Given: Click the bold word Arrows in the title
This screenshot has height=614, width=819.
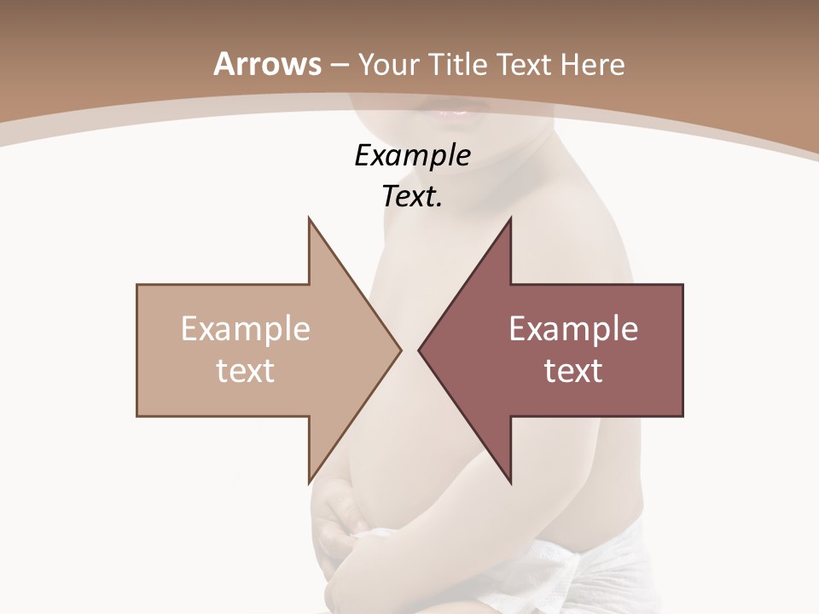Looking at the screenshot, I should pyautogui.click(x=267, y=64).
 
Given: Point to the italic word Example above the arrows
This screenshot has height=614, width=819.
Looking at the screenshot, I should pyautogui.click(x=412, y=155).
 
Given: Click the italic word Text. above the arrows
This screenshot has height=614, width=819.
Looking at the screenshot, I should pyautogui.click(x=412, y=196).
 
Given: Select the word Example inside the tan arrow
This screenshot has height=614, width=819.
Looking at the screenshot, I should pyautogui.click(x=246, y=328).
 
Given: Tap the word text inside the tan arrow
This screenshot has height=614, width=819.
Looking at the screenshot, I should pyautogui.click(x=246, y=370).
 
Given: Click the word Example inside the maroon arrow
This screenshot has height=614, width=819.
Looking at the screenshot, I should pyautogui.click(x=573, y=328).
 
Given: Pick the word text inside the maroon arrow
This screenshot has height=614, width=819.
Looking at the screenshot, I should pyautogui.click(x=573, y=370).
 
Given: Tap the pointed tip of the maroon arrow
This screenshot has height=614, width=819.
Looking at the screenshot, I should pyautogui.click(x=420, y=350).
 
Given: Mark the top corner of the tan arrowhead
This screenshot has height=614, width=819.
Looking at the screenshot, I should pyautogui.click(x=309, y=219).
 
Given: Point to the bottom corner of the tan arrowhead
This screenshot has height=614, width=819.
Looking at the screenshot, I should pyautogui.click(x=309, y=482).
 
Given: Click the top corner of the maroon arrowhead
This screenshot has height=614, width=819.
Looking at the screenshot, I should pyautogui.click(x=510, y=219).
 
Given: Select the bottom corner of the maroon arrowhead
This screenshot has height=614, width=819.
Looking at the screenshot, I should pyautogui.click(x=510, y=482).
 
